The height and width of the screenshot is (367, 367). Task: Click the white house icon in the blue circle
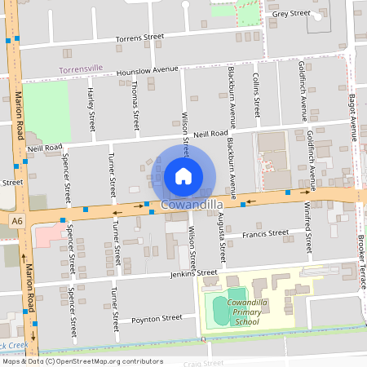pyautogui.click(x=183, y=175)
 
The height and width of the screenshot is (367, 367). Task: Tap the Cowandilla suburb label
pyautogui.click(x=193, y=204)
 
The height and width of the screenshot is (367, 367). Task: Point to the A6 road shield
pyautogui.click(x=17, y=220)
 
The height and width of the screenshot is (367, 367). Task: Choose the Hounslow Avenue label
pyautogui.click(x=147, y=71)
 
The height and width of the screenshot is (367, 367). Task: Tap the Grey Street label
pyautogui.click(x=291, y=14)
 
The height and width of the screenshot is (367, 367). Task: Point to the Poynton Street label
pyautogui.click(x=159, y=318)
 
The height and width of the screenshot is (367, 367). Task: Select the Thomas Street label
pyautogui.click(x=135, y=110)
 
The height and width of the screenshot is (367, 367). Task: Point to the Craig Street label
pyautogui.click(x=203, y=362)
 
